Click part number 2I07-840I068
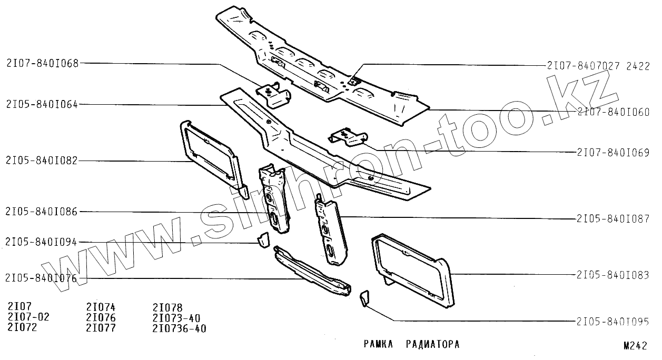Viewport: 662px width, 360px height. click(x=42, y=64)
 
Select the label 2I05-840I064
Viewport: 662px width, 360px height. click(x=42, y=104)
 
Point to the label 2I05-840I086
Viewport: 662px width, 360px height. click(x=42, y=212)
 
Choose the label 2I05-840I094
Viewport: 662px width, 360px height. click(x=42, y=242)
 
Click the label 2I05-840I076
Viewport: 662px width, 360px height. click(x=42, y=278)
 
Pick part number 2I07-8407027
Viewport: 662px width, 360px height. click(x=584, y=66)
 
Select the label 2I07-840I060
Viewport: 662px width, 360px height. click(x=613, y=112)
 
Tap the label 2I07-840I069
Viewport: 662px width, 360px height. click(x=613, y=153)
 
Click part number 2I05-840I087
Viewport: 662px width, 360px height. click(x=613, y=218)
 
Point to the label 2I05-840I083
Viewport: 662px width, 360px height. click(x=613, y=275)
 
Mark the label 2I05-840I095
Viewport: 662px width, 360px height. click(x=613, y=321)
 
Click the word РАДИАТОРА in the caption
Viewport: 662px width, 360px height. click(x=433, y=345)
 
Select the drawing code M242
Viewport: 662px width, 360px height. click(x=635, y=346)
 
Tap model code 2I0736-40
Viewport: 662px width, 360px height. click(x=179, y=329)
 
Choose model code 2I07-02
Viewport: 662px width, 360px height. click(x=28, y=317)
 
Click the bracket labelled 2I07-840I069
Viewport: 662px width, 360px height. click(x=346, y=136)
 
